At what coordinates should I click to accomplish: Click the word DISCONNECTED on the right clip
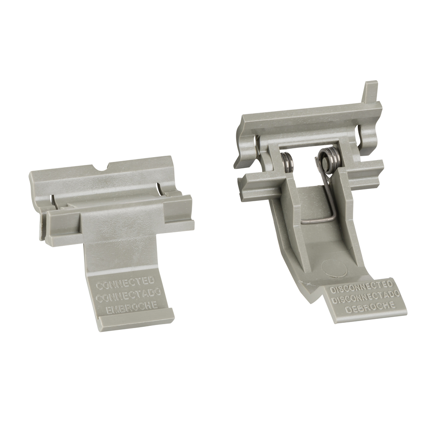pos(361,287)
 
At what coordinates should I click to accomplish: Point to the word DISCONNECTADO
pos(365,297)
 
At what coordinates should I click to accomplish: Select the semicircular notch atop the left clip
pos(102,167)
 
